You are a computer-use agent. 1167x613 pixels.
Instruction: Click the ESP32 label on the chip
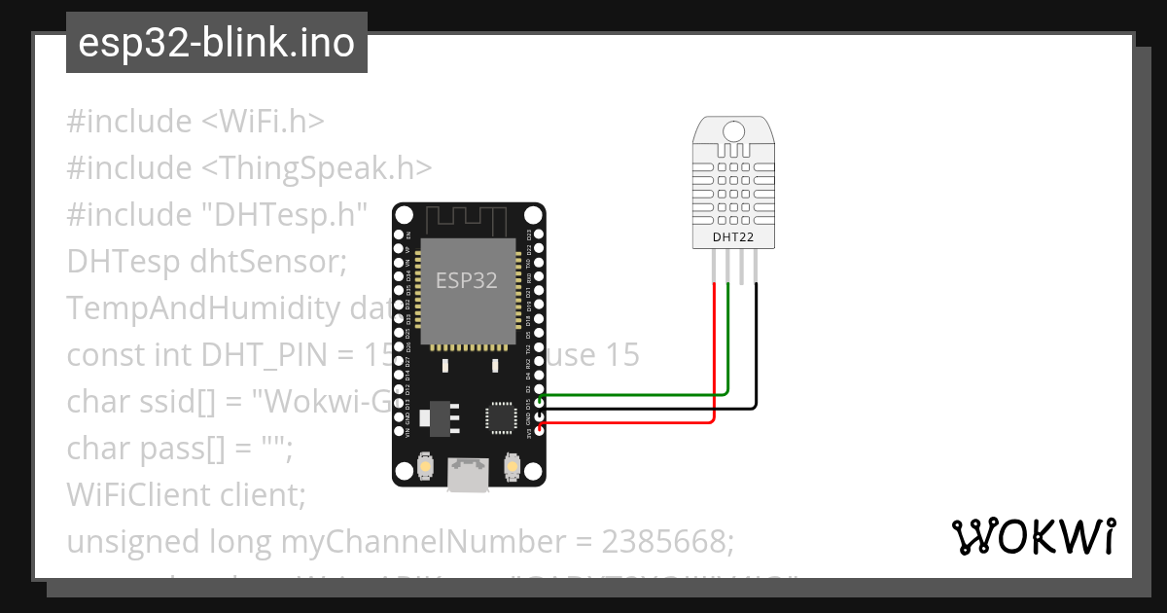tap(467, 282)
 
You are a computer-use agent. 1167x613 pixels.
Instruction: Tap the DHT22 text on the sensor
tap(732, 235)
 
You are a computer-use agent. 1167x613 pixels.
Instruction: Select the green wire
tap(632, 395)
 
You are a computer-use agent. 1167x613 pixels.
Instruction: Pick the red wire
tap(632, 422)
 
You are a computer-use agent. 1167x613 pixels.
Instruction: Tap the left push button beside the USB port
tap(425, 468)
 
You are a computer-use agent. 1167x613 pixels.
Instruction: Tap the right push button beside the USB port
tap(511, 468)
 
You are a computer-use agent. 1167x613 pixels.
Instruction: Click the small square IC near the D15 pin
tap(502, 415)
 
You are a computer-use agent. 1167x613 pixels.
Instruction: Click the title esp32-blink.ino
tap(216, 43)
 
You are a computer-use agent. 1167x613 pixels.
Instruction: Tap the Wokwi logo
tap(1034, 536)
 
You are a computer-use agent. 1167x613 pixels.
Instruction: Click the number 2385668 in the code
tap(662, 541)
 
